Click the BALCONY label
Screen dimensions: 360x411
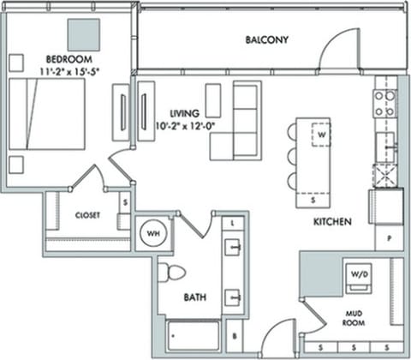[266, 40]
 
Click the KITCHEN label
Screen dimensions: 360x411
[332, 222]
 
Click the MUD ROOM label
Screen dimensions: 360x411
[354, 318]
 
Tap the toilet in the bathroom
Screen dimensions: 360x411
[171, 273]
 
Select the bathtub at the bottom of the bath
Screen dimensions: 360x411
[193, 335]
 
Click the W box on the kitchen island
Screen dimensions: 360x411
[321, 135]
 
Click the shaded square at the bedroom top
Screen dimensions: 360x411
[84, 34]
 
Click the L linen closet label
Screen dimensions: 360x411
[234, 222]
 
